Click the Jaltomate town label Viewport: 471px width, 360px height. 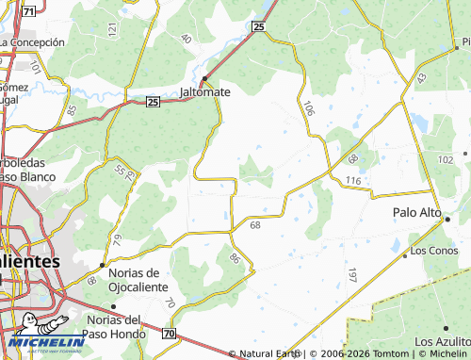click(205, 93)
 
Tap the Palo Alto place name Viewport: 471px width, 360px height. click(417, 213)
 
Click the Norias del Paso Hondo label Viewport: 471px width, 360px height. click(116, 326)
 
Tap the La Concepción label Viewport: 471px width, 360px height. click(33, 42)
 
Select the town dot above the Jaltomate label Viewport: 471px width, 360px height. click(204, 78)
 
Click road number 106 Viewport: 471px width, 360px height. click(308, 109)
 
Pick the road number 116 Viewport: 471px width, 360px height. click(353, 180)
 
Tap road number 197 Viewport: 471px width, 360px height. click(351, 275)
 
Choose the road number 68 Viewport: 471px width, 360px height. click(255, 225)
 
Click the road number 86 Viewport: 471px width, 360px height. click(235, 257)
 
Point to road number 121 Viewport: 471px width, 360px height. click(113, 30)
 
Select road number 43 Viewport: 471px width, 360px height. click(421, 77)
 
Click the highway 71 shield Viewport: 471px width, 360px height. click(29, 10)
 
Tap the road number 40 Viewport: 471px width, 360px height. click(185, 40)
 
